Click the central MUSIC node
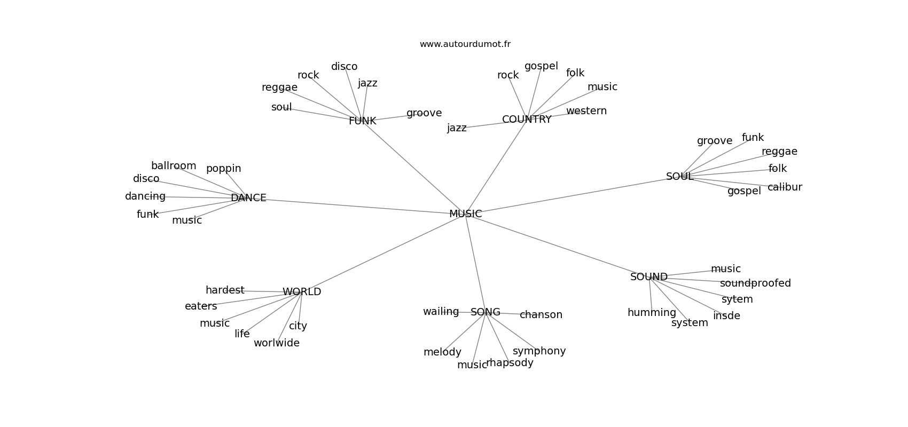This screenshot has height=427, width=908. [465, 214]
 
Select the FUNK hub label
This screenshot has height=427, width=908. [362, 121]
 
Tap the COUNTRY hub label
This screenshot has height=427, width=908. [527, 120]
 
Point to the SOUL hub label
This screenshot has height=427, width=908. [679, 177]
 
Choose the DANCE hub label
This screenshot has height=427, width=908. [248, 197]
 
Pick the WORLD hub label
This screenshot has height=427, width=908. [302, 291]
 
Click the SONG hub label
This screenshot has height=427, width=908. [485, 312]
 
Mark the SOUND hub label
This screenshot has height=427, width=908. [648, 276]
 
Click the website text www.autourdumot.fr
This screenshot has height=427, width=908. [465, 44]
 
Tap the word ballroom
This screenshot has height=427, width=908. [174, 165]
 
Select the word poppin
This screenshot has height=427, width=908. [223, 169]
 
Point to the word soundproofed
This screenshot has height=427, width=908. [755, 283]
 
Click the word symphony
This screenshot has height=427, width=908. [539, 351]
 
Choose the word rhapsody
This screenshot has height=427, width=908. [510, 363]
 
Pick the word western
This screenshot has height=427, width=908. [586, 110]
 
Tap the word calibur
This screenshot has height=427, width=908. [785, 187]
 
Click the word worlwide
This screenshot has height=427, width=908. [277, 343]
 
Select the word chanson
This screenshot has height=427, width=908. [541, 315]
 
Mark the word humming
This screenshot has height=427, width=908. [652, 313]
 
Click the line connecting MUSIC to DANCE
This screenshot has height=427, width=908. [357, 206]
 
